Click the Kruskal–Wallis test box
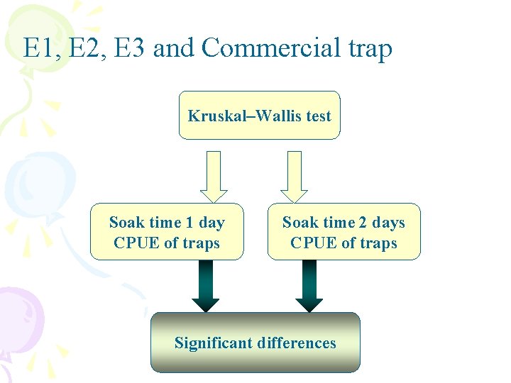click(260, 115)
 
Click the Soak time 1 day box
click(167, 232)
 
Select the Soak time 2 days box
click(344, 232)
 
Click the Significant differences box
click(255, 343)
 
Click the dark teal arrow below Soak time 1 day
click(206, 286)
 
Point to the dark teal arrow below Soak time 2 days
click(309, 286)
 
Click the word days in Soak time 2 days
click(388, 223)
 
